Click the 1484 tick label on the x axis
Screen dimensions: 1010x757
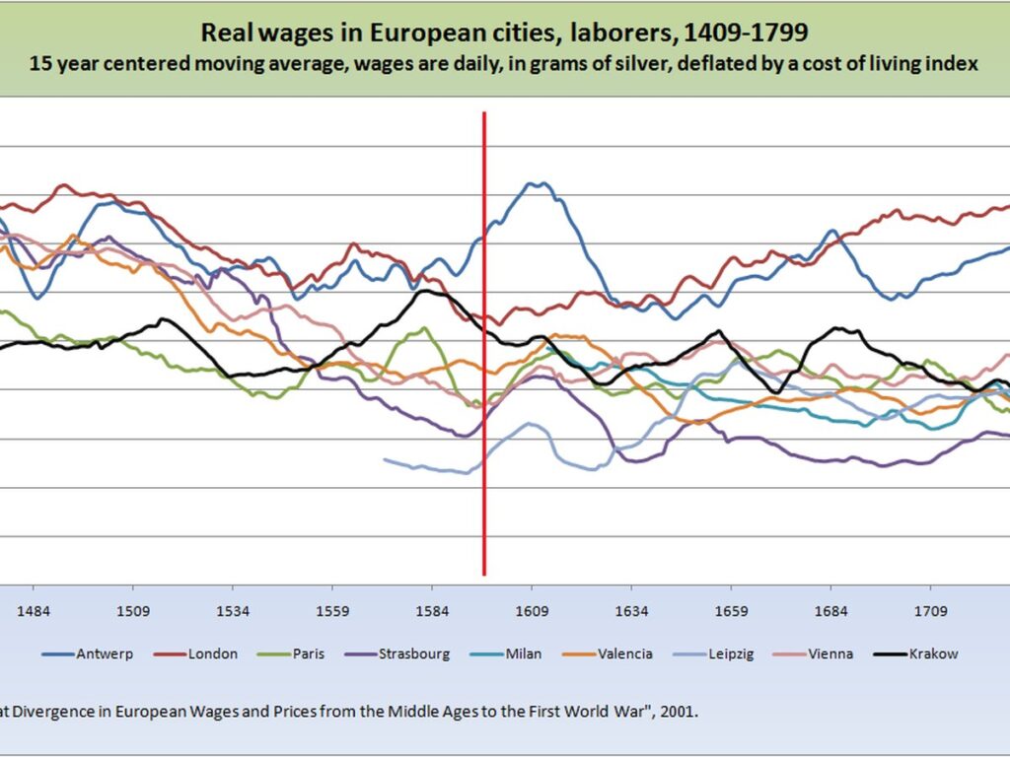pos(33,611)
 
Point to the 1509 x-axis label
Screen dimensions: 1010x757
pos(133,611)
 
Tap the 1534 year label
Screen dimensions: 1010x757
pos(233,611)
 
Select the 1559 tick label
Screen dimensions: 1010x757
pos(332,611)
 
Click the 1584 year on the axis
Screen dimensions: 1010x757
pos(432,611)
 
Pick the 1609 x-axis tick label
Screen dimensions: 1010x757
pos(532,611)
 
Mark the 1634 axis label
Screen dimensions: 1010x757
pos(632,611)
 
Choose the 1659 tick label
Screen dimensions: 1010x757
pos(731,611)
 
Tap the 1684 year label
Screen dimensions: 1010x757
pos(830,611)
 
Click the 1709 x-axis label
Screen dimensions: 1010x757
pos(931,611)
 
